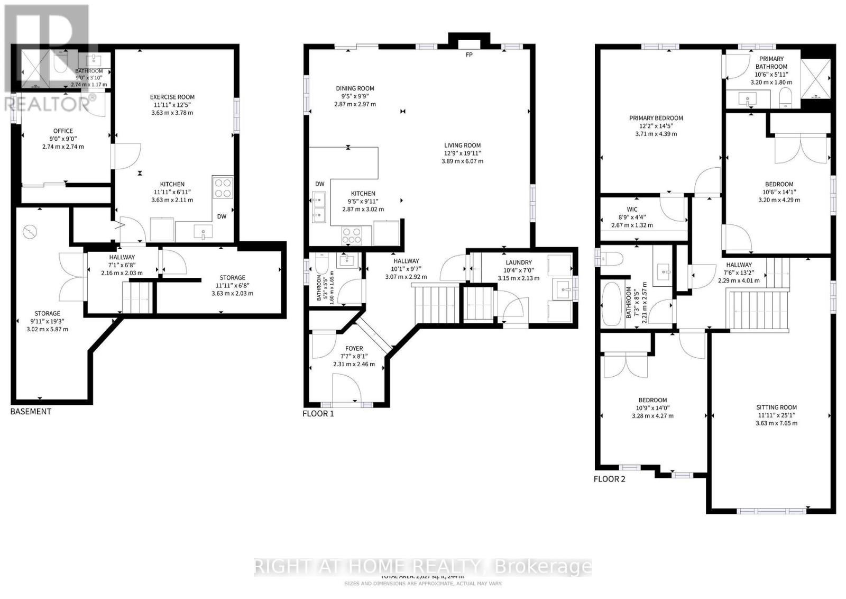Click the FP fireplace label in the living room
[x=469, y=55]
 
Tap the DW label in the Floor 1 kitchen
[x=320, y=184]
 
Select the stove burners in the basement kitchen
[x=223, y=187]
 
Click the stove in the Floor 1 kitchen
[x=352, y=235]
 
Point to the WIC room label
[x=632, y=209]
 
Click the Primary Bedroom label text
[x=656, y=118]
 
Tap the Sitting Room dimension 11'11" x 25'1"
[x=776, y=415]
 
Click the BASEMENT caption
[x=31, y=411]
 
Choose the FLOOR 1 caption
[x=318, y=413]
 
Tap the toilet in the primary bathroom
[x=786, y=98]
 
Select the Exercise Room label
[x=172, y=97]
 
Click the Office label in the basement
[x=63, y=131]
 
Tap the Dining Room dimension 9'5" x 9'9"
[x=355, y=96]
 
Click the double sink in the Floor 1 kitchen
[x=319, y=207]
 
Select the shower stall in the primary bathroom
[x=816, y=79]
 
